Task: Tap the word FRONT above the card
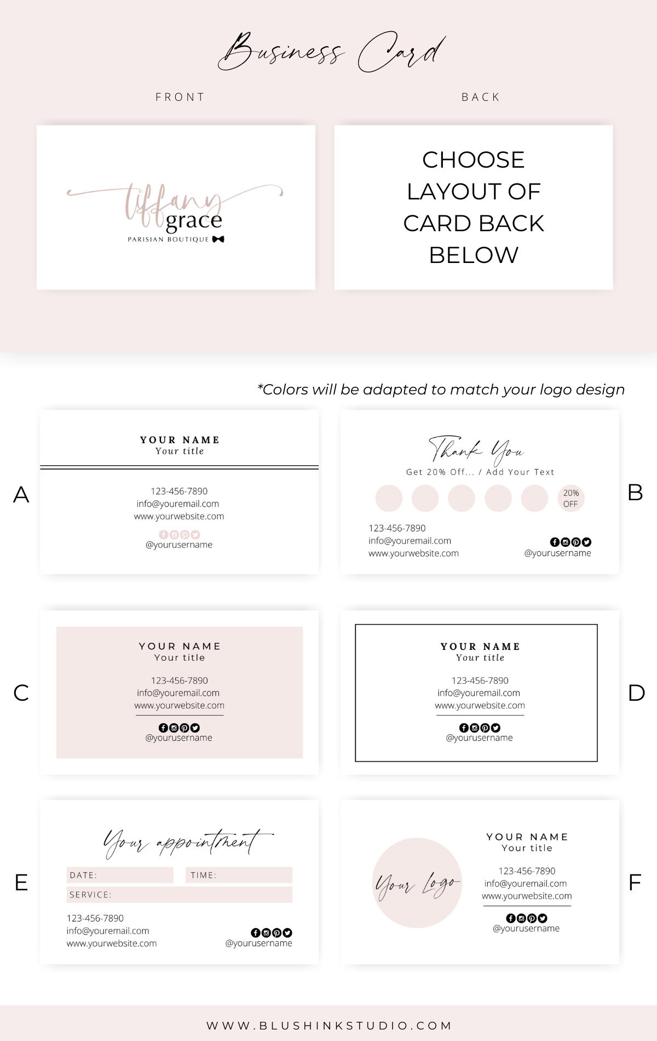click(180, 97)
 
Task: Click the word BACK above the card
click(481, 97)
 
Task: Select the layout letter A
click(21, 495)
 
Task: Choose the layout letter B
click(635, 493)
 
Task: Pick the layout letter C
click(21, 693)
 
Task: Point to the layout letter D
click(636, 693)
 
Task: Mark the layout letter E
click(21, 883)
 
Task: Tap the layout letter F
click(635, 883)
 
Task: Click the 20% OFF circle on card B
click(570, 499)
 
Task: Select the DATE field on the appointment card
click(120, 875)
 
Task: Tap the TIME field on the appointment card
click(239, 875)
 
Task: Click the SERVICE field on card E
click(180, 895)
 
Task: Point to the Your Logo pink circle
click(417, 883)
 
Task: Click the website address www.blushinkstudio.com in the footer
click(329, 1026)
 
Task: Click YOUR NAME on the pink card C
click(180, 647)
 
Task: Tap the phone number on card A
click(179, 491)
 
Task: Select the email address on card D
click(479, 693)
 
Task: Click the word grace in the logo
click(194, 221)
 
